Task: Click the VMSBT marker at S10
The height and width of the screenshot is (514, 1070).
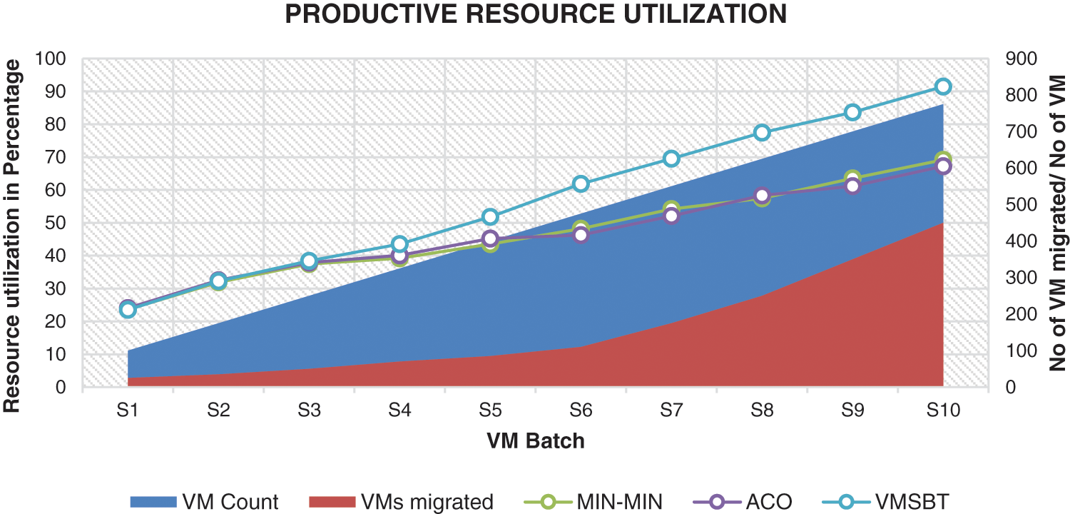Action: [x=942, y=86]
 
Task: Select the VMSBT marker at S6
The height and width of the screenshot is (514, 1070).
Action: [x=581, y=184]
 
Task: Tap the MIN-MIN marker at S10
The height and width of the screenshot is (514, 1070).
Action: [x=942, y=160]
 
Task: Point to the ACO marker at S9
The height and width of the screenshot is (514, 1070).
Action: [x=852, y=186]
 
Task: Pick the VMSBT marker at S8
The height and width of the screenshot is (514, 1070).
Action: [x=762, y=133]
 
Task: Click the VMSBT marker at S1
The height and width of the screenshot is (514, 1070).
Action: [x=128, y=310]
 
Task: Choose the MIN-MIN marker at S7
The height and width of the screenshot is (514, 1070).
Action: [x=671, y=209]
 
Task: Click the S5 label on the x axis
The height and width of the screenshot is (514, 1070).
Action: [x=490, y=410]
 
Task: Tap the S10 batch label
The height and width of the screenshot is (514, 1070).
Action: [x=942, y=410]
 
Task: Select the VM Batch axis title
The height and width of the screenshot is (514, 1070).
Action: [x=536, y=441]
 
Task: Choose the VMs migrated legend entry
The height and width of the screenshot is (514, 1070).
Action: [x=401, y=502]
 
